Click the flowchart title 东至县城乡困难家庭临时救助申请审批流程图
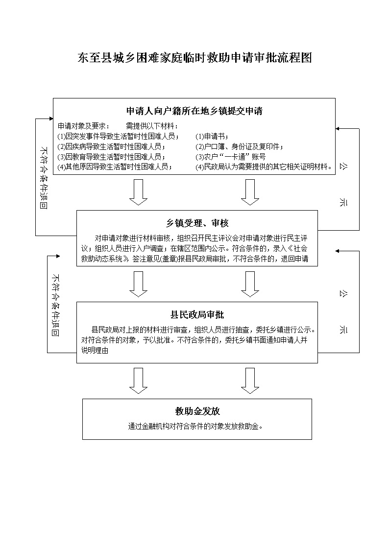pyautogui.click(x=194, y=58)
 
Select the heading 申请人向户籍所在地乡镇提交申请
pyautogui.click(x=194, y=111)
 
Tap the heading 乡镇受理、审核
pyautogui.click(x=197, y=223)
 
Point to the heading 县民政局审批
pyautogui.click(x=197, y=314)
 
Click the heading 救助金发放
pyautogui.click(x=197, y=411)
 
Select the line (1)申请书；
pyautogui.click(x=212, y=137)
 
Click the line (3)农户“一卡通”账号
pyautogui.click(x=230, y=157)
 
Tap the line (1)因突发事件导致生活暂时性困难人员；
pyautogui.click(x=119, y=137)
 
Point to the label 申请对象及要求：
pyautogui.click(x=84, y=126)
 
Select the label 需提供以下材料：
pyautogui.click(x=152, y=126)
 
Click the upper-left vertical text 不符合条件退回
pyautogui.click(x=44, y=178)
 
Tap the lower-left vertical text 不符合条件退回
pyautogui.click(x=55, y=305)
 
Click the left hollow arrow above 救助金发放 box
pyautogui.click(x=138, y=381)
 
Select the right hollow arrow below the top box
pyautogui.click(x=250, y=192)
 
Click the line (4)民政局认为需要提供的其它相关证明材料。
pyautogui.click(x=264, y=167)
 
